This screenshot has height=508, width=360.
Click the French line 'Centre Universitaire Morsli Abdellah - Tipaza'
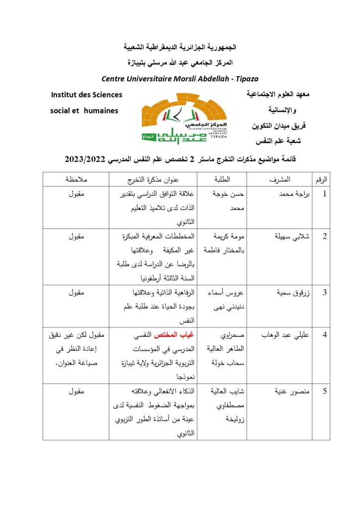(180, 79)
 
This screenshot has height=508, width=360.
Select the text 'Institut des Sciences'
(86, 94)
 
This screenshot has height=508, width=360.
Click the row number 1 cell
(325, 194)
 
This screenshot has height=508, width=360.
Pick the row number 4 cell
(325, 334)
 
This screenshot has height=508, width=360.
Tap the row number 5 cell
(325, 391)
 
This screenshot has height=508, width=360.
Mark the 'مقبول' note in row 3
(77, 292)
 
